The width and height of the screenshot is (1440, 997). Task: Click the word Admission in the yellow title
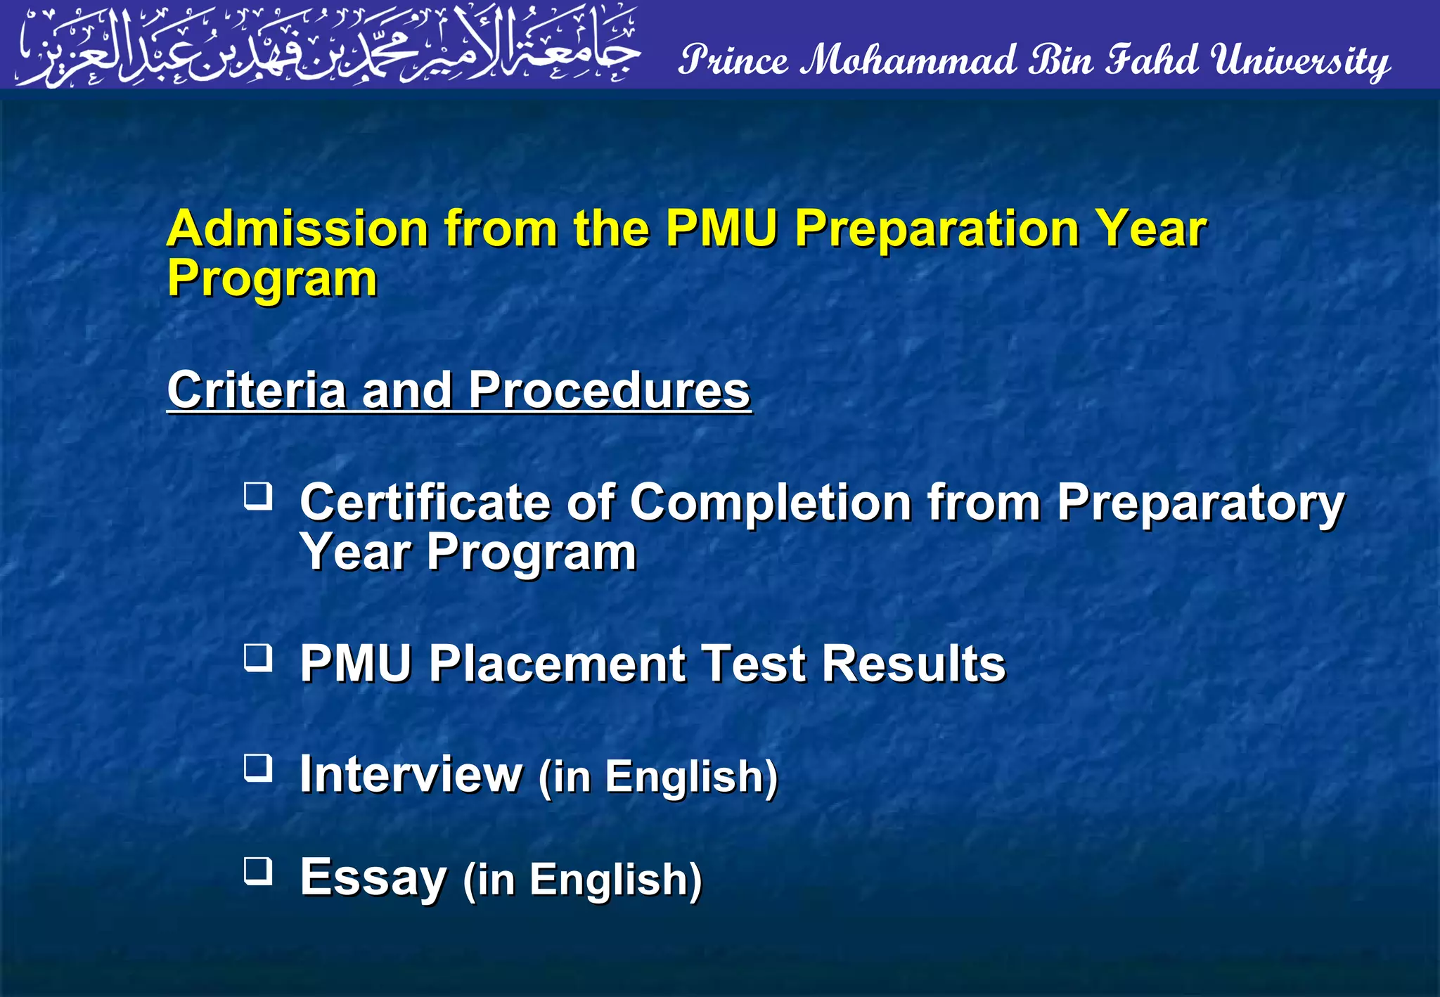297,229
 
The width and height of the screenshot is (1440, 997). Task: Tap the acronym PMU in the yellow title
721,229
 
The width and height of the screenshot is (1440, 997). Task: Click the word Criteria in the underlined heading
256,390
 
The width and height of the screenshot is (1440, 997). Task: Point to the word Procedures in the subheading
609,390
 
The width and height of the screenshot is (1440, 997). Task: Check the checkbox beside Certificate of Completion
258,496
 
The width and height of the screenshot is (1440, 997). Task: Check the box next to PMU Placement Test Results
258,658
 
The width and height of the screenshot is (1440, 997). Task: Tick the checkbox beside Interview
258,768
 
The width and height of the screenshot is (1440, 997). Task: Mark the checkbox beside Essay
258,871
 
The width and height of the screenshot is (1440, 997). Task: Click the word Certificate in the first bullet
425,503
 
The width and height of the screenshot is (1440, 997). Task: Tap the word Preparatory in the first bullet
1200,503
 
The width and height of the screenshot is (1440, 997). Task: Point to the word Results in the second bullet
914,664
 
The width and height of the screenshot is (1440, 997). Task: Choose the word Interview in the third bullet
411,774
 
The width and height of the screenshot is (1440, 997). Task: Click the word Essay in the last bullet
373,877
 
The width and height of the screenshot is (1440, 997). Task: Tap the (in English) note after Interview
658,776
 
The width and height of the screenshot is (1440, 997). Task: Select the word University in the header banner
1301,60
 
